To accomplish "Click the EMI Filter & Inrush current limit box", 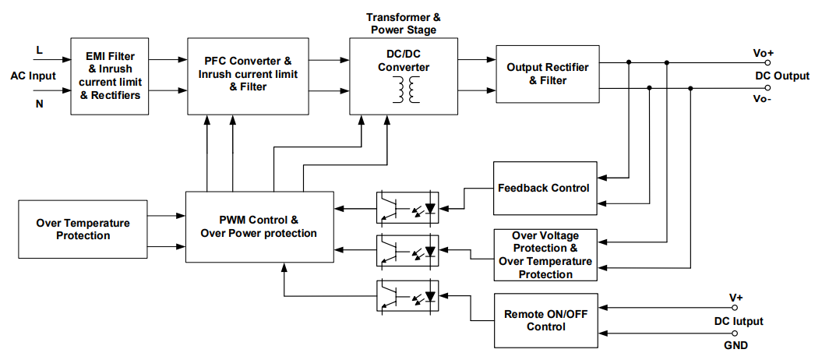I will pyautogui.click(x=110, y=76).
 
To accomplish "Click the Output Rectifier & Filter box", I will pyautogui.click(x=547, y=74).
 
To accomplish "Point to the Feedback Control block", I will pyautogui.click(x=545, y=188).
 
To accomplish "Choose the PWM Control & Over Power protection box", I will pyautogui.click(x=259, y=226).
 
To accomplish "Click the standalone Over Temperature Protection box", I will pyautogui.click(x=83, y=229).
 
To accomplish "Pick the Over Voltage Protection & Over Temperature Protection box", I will pyautogui.click(x=545, y=255).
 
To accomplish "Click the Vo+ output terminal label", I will pyautogui.click(x=763, y=53).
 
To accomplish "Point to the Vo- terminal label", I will pyautogui.click(x=763, y=99).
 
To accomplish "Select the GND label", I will pyautogui.click(x=734, y=345).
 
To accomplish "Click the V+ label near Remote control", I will pyautogui.click(x=736, y=297).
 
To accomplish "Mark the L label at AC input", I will pyautogui.click(x=39, y=51).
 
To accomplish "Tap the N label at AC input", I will pyautogui.click(x=39, y=103).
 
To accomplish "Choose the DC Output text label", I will pyautogui.click(x=781, y=76).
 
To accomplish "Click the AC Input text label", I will pyautogui.click(x=34, y=76).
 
